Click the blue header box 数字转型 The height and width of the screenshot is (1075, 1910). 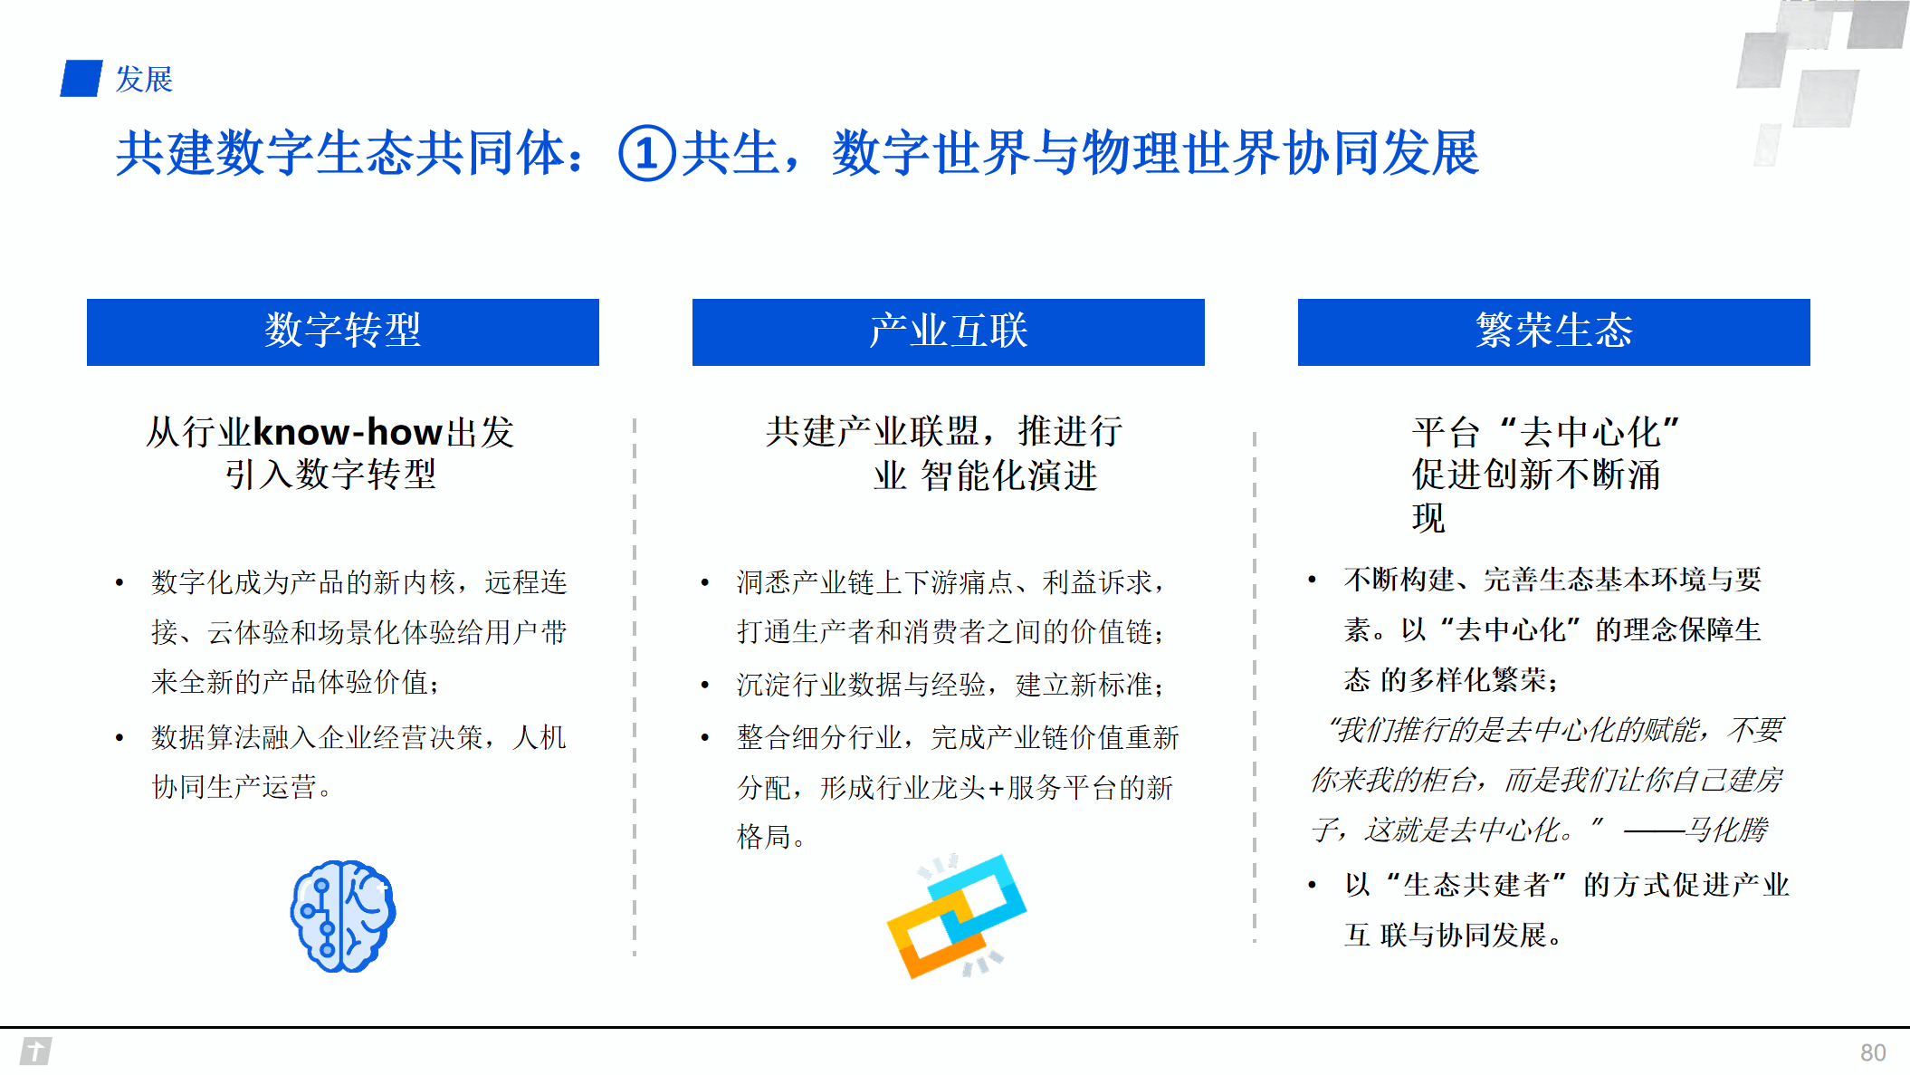[342, 331]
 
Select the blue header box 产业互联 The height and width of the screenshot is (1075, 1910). [948, 331]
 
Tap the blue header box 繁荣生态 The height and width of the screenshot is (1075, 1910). [1553, 331]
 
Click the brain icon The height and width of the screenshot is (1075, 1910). [342, 916]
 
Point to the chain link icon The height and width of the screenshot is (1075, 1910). [956, 916]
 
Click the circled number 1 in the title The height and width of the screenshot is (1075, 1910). [646, 153]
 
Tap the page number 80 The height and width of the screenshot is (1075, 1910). [1873, 1052]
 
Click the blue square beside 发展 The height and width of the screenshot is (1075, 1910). [81, 79]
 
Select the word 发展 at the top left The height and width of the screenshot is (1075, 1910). [144, 80]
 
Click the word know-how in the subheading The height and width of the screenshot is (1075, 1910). [348, 433]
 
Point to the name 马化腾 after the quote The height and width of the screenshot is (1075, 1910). [1727, 830]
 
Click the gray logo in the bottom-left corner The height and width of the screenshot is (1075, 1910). [35, 1051]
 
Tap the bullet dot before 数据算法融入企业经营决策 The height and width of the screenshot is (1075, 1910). [119, 738]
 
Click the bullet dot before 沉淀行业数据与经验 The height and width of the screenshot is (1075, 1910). [704, 685]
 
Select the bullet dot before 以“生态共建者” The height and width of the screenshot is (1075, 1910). [1312, 885]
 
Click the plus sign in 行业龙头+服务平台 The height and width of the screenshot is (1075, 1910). [996, 789]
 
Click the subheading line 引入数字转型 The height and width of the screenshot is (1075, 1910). [330, 475]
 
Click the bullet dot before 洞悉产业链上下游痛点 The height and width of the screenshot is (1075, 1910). [704, 582]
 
